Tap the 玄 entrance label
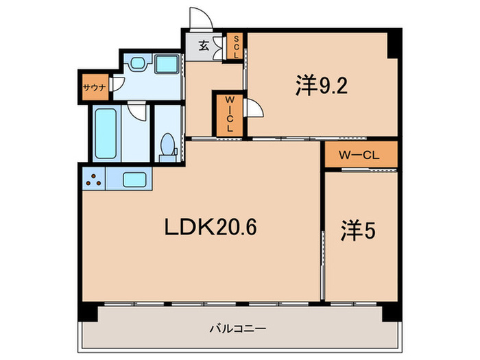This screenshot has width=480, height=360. tap(204, 47)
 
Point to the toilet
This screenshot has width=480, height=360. tap(167, 147)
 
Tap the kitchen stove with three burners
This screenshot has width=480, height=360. tap(95, 180)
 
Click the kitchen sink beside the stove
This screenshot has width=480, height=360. tap(136, 180)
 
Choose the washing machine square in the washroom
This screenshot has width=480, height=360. tap(166, 64)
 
